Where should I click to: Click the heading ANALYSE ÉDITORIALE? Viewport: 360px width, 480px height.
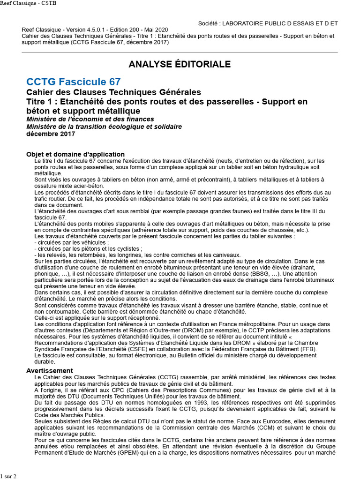click(x=180, y=64)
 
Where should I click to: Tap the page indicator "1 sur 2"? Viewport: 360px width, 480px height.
click(x=8, y=476)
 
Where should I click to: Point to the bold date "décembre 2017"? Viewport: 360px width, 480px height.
click(x=51, y=134)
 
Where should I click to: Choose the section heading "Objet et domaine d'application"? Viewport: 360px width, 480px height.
click(x=75, y=154)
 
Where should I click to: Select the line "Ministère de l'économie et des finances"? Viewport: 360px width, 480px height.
click(x=90, y=120)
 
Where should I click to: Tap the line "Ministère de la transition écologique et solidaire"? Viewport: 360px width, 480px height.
click(x=104, y=127)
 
